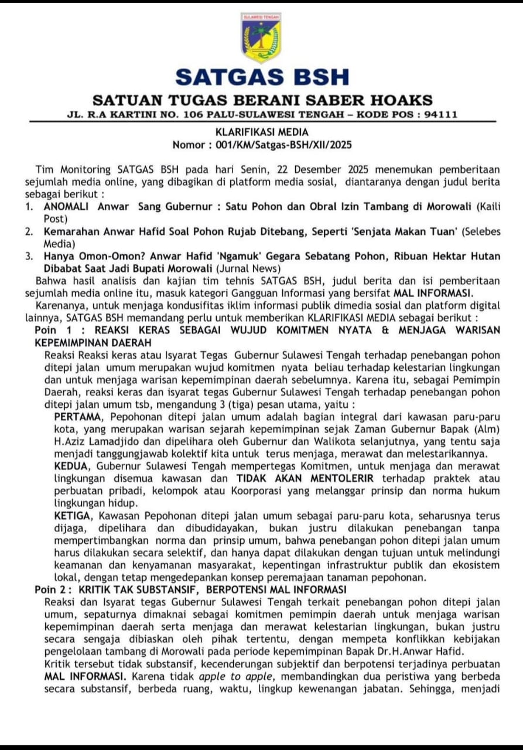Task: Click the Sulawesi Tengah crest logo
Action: click(x=261, y=39)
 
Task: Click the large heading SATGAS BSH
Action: click(x=262, y=77)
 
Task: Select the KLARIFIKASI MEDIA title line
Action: click(x=261, y=132)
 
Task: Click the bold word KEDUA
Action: click(x=72, y=466)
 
